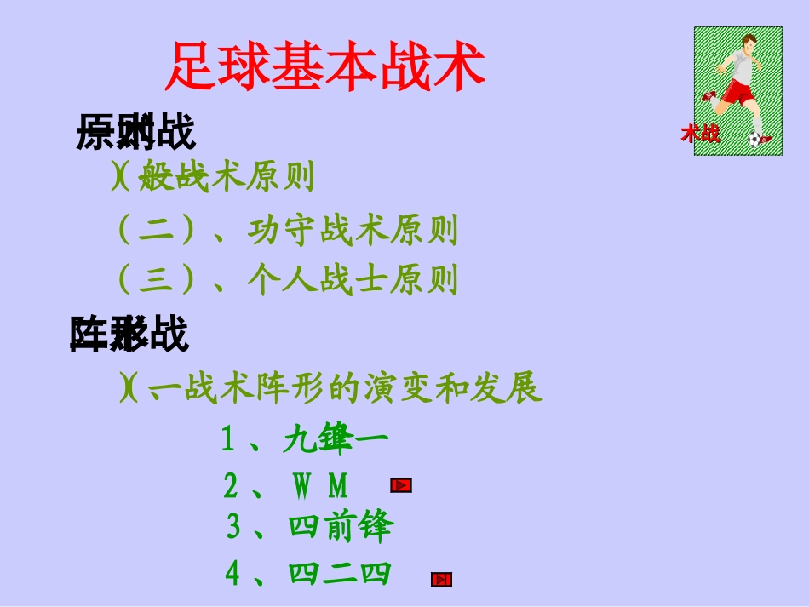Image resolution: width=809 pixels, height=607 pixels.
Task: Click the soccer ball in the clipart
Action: [x=754, y=139]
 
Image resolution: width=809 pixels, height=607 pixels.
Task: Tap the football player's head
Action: [x=749, y=43]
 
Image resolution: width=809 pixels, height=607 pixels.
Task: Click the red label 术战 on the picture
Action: [x=700, y=134]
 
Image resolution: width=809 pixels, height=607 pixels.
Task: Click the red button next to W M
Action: [x=401, y=485]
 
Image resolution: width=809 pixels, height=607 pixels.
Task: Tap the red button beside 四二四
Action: [x=441, y=580]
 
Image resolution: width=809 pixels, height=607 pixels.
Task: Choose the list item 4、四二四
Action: [x=307, y=574]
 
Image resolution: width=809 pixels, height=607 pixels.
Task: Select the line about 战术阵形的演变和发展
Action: [x=331, y=389]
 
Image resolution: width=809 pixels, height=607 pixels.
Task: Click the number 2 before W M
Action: [x=231, y=486]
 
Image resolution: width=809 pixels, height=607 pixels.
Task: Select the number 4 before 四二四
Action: [x=232, y=574]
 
